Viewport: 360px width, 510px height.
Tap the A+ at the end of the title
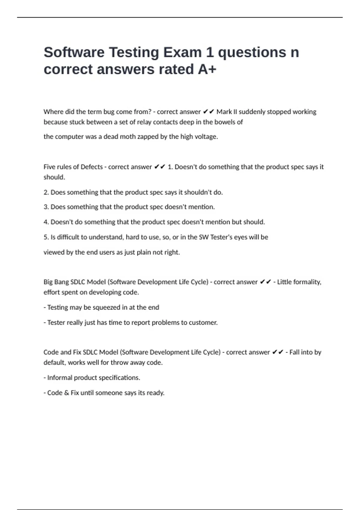click(x=207, y=70)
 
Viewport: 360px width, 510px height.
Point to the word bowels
click(x=223, y=122)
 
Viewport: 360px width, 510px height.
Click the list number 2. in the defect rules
click(x=46, y=192)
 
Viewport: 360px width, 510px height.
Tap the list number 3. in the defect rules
click(x=46, y=207)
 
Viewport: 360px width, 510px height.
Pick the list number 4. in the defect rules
click(x=46, y=222)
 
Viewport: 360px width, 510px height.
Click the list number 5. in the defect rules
click(x=46, y=237)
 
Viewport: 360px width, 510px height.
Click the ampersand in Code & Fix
click(x=66, y=393)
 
